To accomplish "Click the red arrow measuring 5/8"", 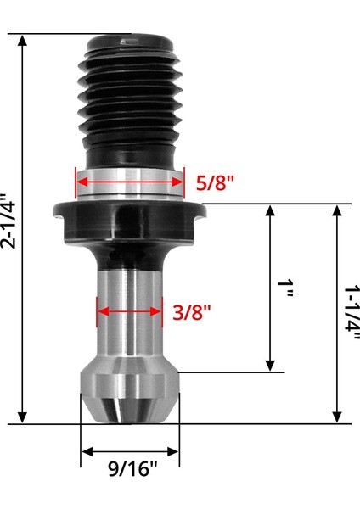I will click(129, 180).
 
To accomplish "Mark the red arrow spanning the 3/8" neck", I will click(129, 310).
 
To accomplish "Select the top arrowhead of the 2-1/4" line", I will click(23, 40).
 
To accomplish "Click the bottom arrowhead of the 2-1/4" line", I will click(23, 417).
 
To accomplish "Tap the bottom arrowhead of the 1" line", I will click(271, 366).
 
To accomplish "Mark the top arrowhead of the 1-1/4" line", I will click(337, 210).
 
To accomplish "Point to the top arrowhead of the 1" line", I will click(271, 210).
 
